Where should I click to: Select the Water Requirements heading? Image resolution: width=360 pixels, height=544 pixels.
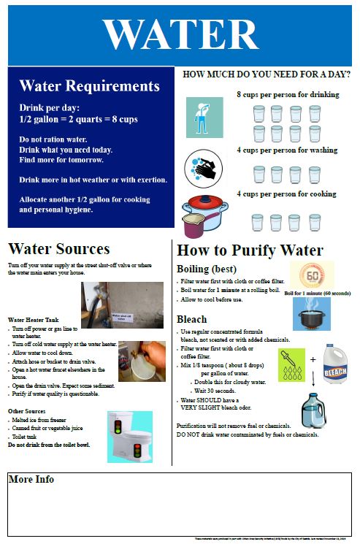point(89,86)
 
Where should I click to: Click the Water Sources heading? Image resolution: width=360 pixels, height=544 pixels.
point(59,249)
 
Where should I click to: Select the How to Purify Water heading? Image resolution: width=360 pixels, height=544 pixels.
point(250,250)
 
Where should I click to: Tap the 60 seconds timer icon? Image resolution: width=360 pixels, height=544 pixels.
point(311,275)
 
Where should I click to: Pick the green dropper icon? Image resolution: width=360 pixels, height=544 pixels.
point(291,364)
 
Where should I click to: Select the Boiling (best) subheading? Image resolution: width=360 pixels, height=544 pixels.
point(207,268)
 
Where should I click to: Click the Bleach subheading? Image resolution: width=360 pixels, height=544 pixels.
point(192,319)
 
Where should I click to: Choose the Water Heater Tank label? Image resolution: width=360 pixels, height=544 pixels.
point(36,319)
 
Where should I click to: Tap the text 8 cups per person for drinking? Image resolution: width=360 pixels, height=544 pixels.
point(288,95)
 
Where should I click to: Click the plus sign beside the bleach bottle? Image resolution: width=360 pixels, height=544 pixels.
point(313,359)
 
